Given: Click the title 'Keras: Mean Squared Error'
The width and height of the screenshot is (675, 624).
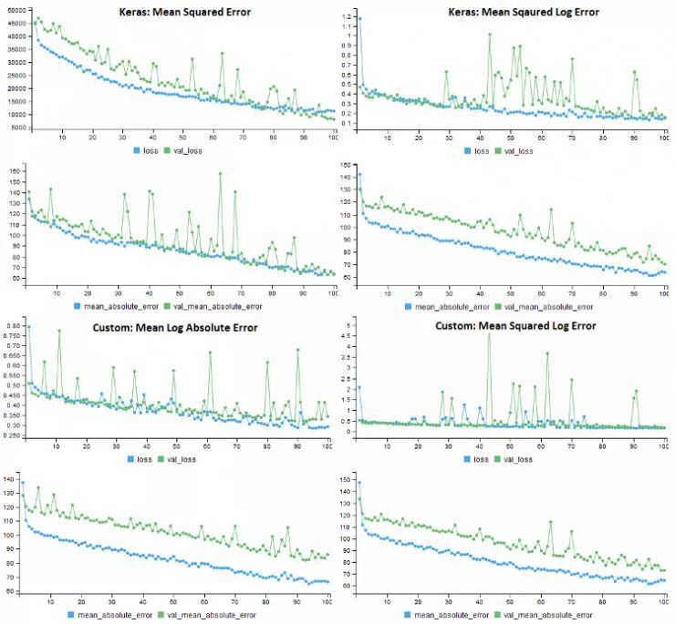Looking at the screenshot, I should click(185, 12).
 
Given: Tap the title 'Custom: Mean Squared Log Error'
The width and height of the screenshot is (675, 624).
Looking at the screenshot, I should click(515, 325).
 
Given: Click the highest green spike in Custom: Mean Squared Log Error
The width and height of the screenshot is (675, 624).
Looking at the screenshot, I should click(489, 333).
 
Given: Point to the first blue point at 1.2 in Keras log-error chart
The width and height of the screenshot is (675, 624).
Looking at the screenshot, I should click(358, 18).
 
